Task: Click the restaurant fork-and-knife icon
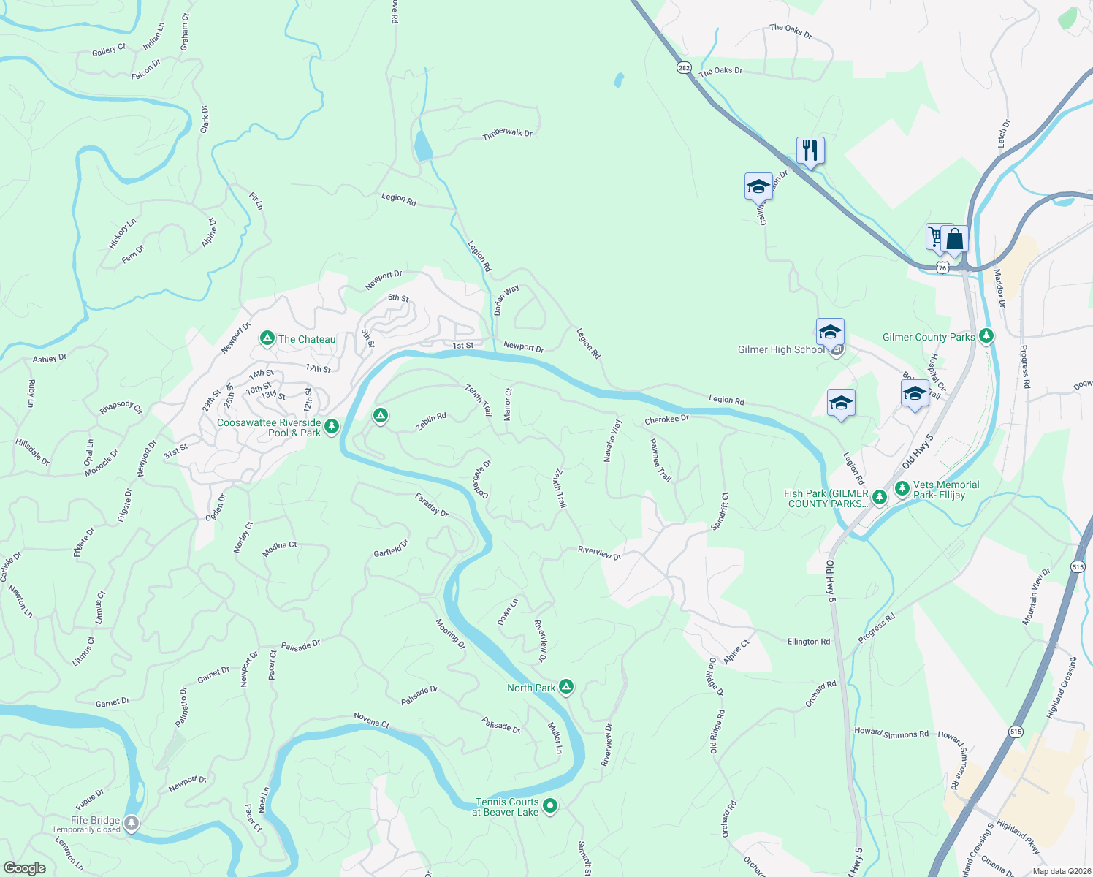tap(810, 151)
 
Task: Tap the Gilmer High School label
tap(781, 349)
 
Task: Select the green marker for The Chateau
tap(267, 338)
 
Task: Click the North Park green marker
tap(566, 687)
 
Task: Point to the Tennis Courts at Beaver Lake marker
tap(551, 806)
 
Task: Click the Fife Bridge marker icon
tap(132, 824)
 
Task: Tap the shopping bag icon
tap(955, 239)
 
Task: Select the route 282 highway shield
tap(683, 67)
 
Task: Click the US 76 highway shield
tap(942, 268)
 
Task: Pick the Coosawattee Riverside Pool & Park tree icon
tap(332, 426)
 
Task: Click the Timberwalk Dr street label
tap(507, 133)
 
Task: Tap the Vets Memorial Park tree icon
tap(902, 488)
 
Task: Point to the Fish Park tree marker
tap(880, 498)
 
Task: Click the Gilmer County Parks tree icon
tap(987, 336)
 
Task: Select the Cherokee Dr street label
tap(666, 419)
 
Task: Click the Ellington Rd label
tap(808, 642)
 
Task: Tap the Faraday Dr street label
tap(432, 505)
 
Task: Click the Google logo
tap(24, 868)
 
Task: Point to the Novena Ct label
tap(372, 720)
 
